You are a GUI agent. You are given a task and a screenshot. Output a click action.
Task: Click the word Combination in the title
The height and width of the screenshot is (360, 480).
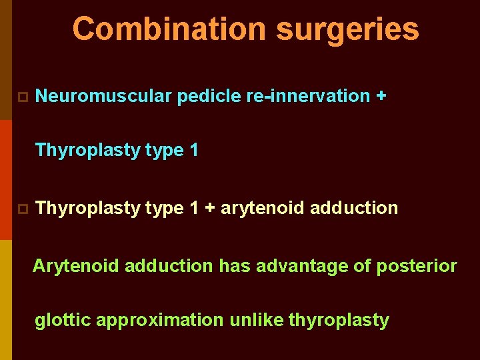click(169, 29)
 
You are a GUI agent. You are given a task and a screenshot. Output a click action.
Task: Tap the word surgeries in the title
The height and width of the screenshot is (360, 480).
click(347, 29)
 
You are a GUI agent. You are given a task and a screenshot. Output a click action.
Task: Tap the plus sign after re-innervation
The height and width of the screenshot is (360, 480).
click(381, 96)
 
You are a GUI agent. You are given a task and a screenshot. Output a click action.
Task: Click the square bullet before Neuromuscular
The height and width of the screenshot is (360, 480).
click(21, 97)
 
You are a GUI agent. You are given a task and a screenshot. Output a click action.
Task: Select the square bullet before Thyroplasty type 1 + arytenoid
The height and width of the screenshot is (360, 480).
click(21, 209)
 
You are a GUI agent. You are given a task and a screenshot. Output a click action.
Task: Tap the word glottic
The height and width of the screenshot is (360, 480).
click(63, 321)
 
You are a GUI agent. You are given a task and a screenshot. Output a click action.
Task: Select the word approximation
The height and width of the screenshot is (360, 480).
click(160, 321)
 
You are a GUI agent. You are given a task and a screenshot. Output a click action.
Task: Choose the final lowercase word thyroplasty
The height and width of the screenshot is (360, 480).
click(339, 321)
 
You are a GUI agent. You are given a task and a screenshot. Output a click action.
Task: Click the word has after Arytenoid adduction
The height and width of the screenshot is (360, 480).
click(234, 267)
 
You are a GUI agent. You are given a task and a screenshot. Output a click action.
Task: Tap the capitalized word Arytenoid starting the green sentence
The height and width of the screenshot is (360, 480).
click(76, 267)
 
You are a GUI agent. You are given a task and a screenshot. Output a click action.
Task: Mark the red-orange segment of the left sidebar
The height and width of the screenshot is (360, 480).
click(5, 180)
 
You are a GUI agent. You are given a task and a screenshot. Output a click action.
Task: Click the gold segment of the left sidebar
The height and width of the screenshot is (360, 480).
click(5, 300)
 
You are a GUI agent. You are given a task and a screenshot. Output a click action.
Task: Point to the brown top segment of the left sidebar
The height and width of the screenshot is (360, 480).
click(5, 60)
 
